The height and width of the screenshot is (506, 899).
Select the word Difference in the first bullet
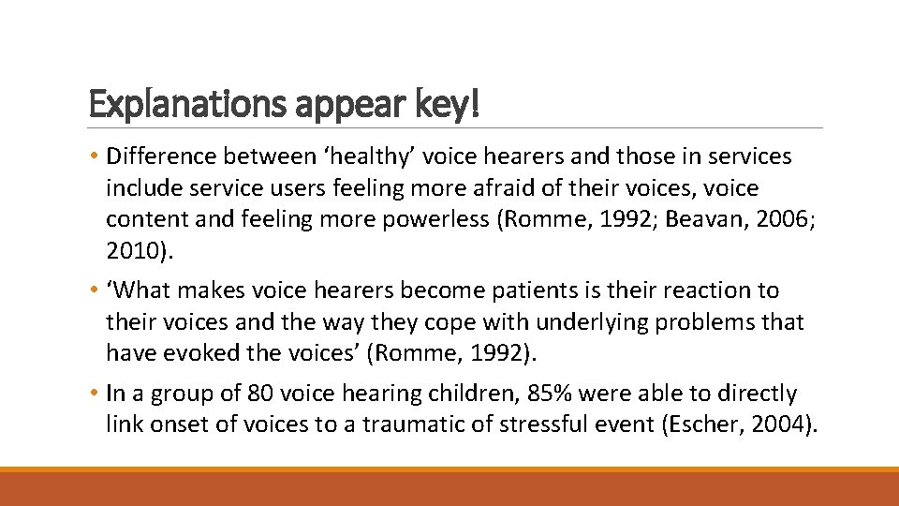pos(161,156)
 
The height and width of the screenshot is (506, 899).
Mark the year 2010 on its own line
pos(129,251)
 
